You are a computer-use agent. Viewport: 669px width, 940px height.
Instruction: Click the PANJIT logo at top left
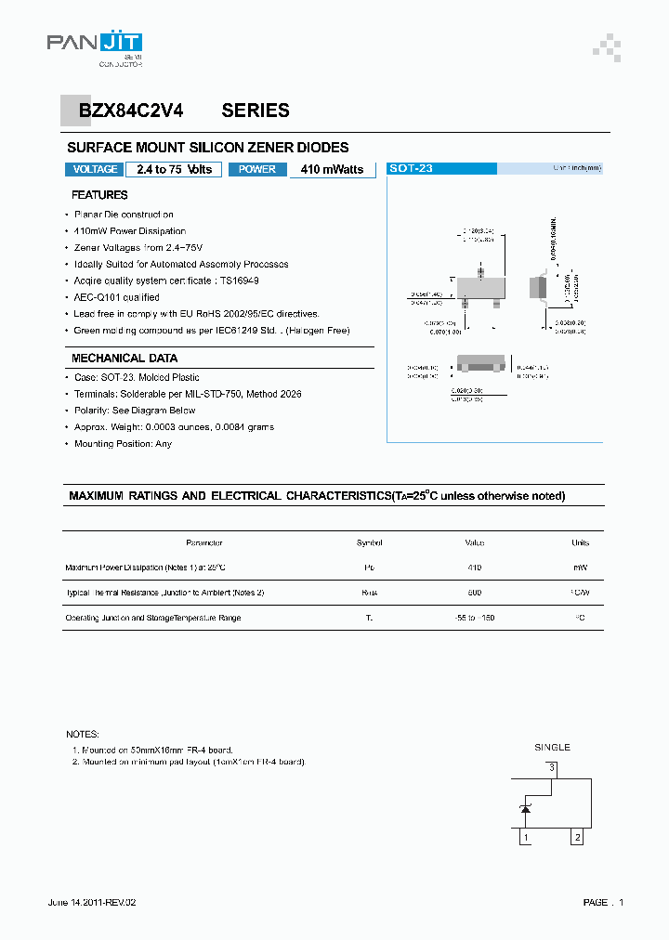[95, 45]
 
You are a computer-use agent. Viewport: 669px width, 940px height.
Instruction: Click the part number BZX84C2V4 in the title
[131, 111]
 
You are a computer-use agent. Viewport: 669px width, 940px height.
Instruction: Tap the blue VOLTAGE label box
[95, 169]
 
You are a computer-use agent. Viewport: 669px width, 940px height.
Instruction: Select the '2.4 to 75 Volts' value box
[174, 169]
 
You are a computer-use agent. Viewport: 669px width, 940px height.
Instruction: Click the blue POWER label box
[257, 169]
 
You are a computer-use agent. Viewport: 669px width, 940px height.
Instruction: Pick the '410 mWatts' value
[332, 169]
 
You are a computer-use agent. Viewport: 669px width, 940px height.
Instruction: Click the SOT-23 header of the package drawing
[411, 169]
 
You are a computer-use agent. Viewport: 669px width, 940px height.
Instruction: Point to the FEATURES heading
[99, 195]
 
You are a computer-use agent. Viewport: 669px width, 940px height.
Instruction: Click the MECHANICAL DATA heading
[125, 359]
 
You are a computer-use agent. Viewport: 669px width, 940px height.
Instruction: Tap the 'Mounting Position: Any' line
[123, 444]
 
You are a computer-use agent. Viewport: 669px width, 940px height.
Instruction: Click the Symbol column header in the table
[369, 542]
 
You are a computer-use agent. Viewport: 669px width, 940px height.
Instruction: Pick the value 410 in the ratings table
[474, 567]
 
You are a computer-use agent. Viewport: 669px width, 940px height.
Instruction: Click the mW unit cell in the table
[580, 567]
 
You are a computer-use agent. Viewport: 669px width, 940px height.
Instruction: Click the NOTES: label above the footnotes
[83, 734]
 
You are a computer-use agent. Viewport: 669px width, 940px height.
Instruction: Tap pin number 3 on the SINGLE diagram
[551, 767]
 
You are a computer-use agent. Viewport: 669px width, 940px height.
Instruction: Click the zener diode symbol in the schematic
[525, 810]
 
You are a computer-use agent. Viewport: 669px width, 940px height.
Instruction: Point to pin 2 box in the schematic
[577, 837]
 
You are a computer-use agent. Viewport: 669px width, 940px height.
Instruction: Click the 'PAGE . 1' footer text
[603, 902]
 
